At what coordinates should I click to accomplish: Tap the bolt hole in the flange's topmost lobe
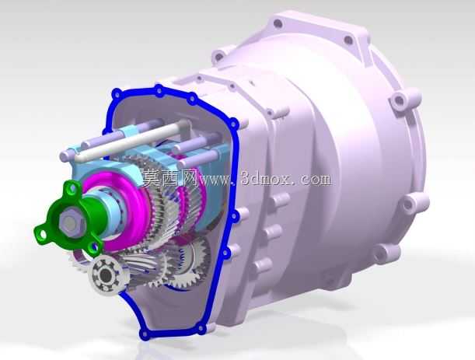click(x=73, y=189)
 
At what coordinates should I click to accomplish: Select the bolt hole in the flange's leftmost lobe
click(x=43, y=233)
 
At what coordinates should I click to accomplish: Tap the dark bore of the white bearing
click(x=105, y=275)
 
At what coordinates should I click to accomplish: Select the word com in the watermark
click(x=316, y=180)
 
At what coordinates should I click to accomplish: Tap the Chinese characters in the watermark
click(x=170, y=178)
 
